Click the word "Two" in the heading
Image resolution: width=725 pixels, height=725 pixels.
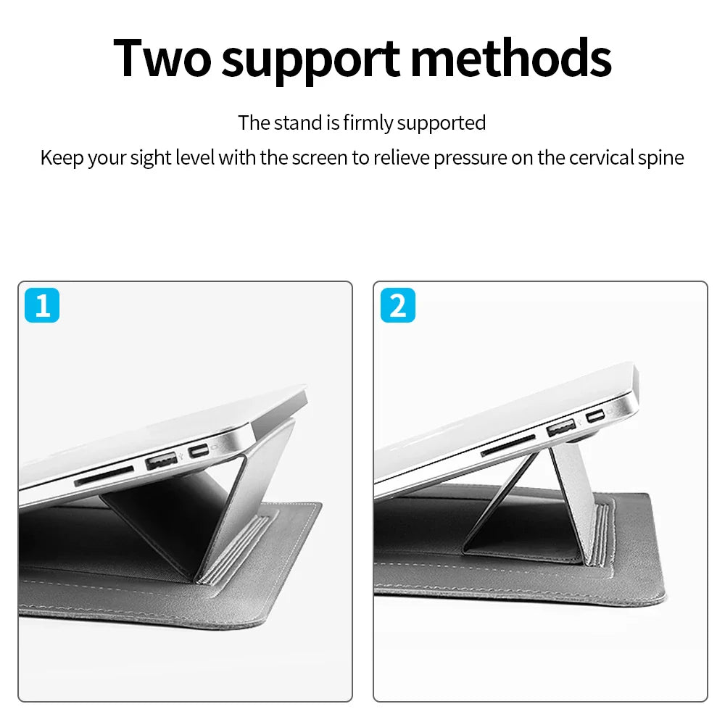[x=162, y=58]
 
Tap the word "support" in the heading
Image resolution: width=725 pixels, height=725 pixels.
[x=310, y=62]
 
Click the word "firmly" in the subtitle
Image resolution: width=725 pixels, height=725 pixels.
[x=368, y=123]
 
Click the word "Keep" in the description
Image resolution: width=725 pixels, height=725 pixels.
[x=62, y=158]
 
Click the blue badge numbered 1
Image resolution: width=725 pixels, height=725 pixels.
[x=42, y=305]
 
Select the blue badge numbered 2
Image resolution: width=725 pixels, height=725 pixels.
[x=397, y=305]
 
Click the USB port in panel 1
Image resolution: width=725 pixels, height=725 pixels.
[x=162, y=461]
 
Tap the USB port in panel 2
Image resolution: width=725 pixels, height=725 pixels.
[x=561, y=427]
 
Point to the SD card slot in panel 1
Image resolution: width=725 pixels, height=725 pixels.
[x=104, y=476]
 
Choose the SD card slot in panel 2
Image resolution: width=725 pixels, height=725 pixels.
[x=507, y=445]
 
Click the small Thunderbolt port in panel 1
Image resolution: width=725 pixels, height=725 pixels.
[x=199, y=450]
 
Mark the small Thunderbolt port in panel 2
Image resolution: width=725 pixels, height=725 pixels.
[x=595, y=416]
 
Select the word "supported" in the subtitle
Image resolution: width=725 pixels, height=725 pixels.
[x=441, y=124]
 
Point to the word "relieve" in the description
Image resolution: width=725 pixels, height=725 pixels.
[x=402, y=158]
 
